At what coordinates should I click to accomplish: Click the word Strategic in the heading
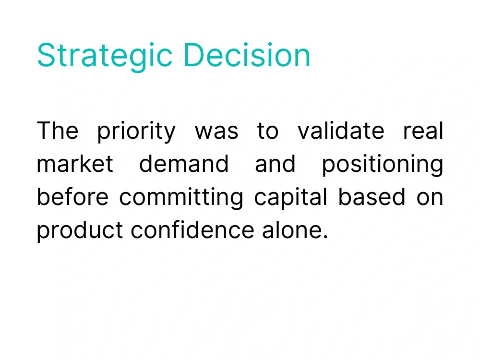(x=105, y=56)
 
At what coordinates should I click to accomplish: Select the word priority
(x=136, y=132)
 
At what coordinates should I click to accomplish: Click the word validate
(x=341, y=130)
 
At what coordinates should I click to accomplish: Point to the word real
(x=423, y=130)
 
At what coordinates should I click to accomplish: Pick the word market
(x=75, y=163)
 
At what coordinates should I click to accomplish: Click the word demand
(x=184, y=163)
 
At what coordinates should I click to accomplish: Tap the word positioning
(x=383, y=165)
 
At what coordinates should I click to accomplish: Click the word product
(x=80, y=231)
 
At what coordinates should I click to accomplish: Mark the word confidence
(x=192, y=229)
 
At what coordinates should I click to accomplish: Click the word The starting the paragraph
(x=58, y=130)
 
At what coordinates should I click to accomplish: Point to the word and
(x=275, y=163)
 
